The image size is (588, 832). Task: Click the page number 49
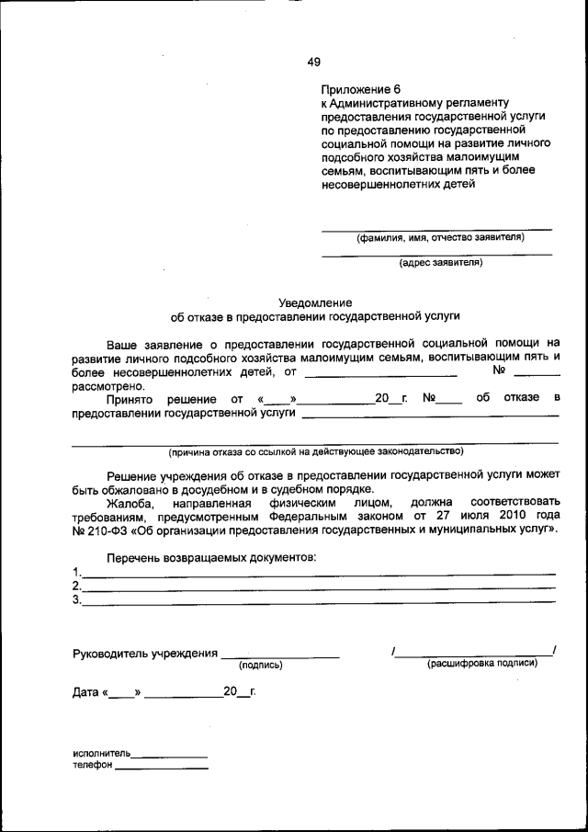[313, 63]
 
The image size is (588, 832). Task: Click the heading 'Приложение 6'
[361, 90]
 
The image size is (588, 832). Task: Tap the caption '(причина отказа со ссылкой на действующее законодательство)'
[315, 451]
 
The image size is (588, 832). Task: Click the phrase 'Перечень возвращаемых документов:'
[210, 558]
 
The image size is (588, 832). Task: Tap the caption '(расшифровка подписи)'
[482, 664]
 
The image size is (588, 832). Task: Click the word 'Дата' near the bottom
[86, 692]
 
